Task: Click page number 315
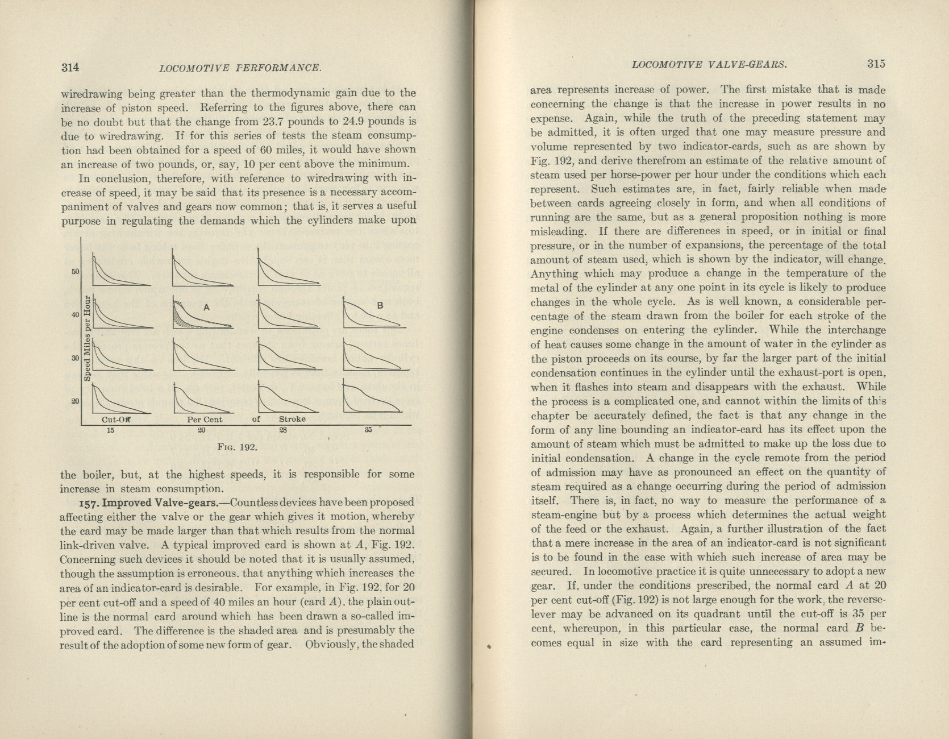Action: pyautogui.click(x=876, y=64)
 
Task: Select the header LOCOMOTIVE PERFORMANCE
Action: pyautogui.click(x=241, y=68)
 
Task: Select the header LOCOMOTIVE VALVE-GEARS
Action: pyautogui.click(x=709, y=64)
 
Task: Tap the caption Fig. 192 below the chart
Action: pyautogui.click(x=238, y=447)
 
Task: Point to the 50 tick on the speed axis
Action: pyautogui.click(x=75, y=271)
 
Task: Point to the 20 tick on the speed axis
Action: pyautogui.click(x=75, y=401)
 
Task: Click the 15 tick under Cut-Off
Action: pyautogui.click(x=110, y=430)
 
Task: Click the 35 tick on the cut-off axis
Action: pyautogui.click(x=368, y=430)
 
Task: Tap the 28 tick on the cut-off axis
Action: pyautogui.click(x=283, y=430)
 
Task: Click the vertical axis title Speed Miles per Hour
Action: pyautogui.click(x=88, y=338)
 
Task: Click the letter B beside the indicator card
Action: pyautogui.click(x=381, y=306)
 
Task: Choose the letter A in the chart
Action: pyautogui.click(x=207, y=307)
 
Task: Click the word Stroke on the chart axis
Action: pyautogui.click(x=292, y=419)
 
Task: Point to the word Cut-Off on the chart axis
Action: pyautogui.click(x=116, y=420)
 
